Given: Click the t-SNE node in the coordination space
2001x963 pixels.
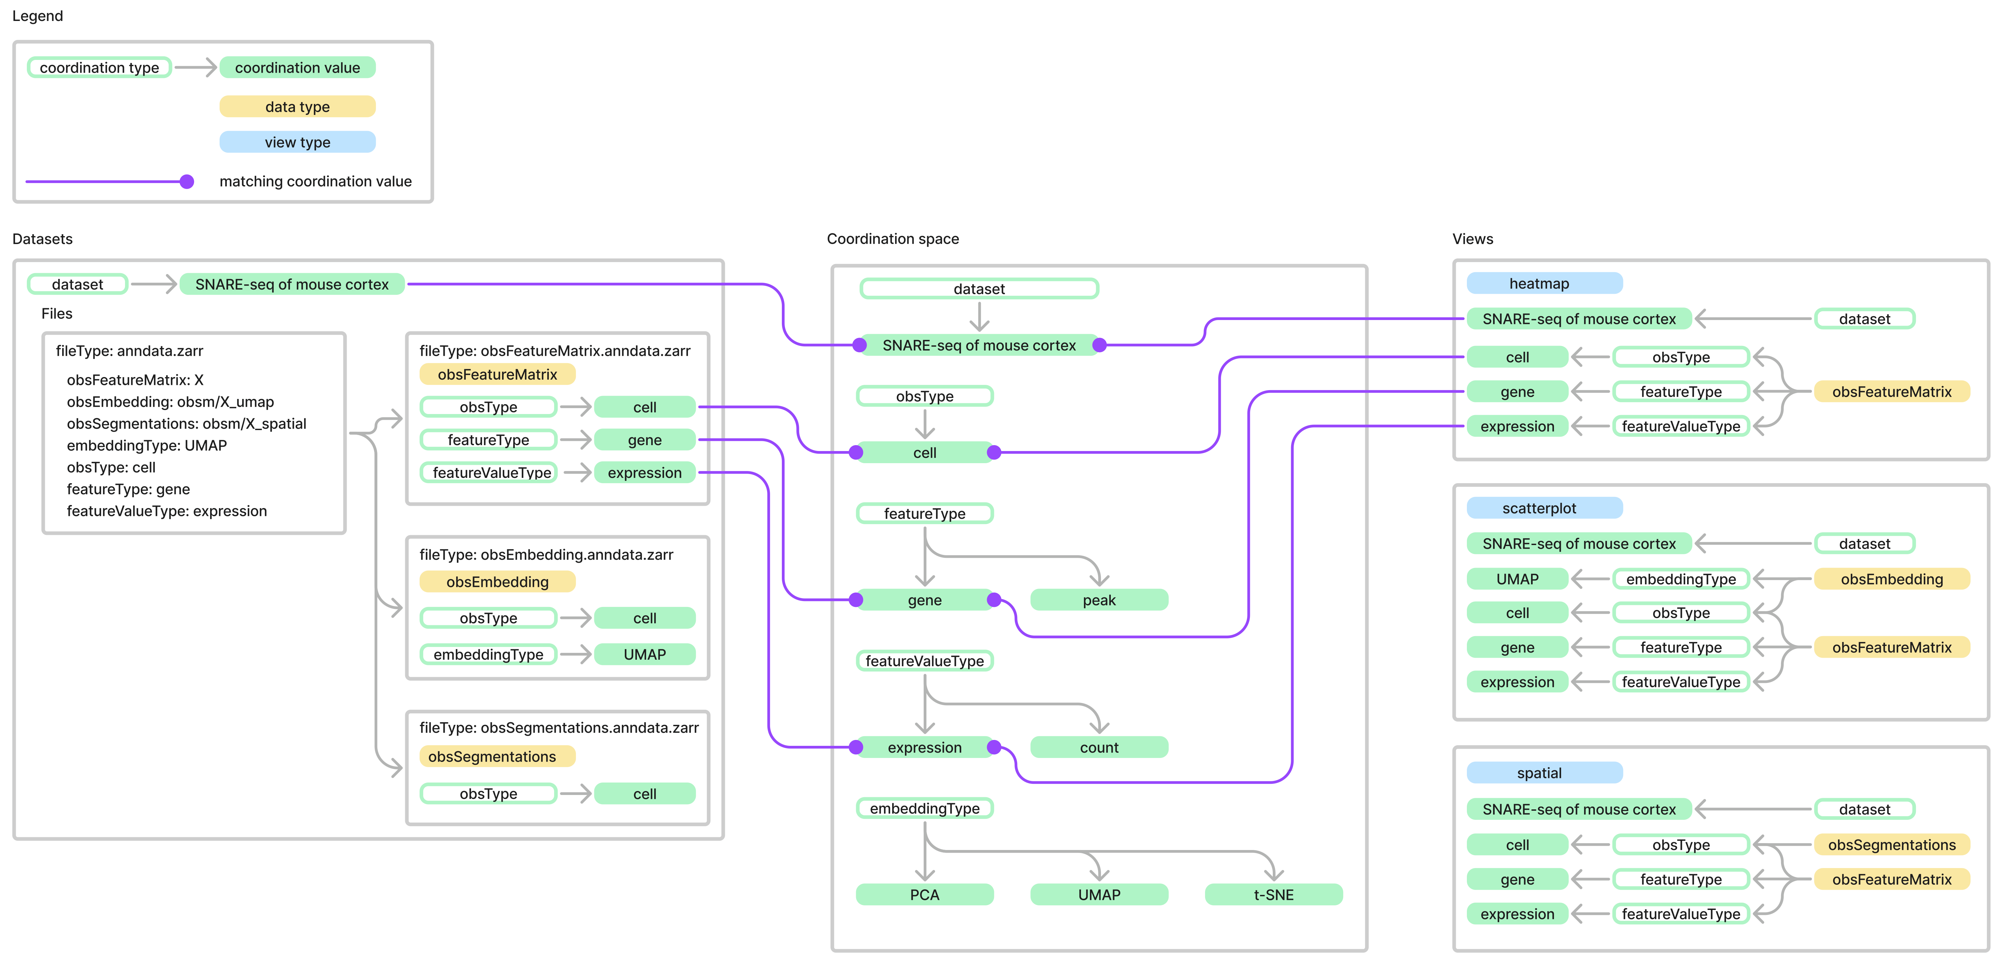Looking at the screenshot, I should point(1273,895).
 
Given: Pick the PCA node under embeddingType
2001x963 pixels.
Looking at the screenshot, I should point(924,895).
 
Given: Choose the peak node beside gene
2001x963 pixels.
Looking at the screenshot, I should point(1098,600).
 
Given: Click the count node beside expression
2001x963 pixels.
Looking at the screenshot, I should point(1098,748).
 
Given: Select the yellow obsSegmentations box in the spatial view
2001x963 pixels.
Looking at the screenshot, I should point(1891,845).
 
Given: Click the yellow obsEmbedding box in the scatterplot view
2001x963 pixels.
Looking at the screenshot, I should point(1891,579).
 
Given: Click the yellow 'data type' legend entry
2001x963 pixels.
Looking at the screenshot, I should point(297,106).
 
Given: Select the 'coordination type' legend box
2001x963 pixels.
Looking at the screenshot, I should point(99,67).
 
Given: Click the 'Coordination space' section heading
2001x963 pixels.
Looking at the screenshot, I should point(892,238).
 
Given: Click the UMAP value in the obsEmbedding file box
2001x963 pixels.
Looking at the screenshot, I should point(644,654).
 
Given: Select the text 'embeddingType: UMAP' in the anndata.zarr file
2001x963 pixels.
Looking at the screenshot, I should point(147,445).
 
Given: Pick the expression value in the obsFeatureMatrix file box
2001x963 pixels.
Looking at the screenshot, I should point(644,473).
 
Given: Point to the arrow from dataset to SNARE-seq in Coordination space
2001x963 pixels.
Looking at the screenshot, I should point(980,316).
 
